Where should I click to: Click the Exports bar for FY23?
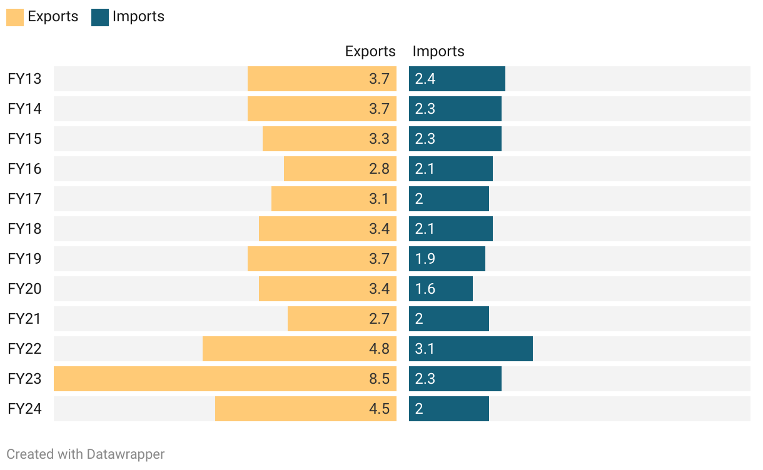(225, 379)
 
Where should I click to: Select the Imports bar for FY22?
(471, 349)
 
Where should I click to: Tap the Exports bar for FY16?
(340, 169)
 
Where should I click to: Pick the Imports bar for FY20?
(441, 289)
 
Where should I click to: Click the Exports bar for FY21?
(342, 319)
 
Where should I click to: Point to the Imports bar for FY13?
(457, 79)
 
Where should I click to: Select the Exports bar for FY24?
(306, 409)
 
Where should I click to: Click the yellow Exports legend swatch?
(15, 17)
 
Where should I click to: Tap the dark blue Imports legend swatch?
(100, 17)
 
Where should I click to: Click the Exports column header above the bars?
(370, 51)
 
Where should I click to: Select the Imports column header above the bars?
(438, 51)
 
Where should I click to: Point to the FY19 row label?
(24, 259)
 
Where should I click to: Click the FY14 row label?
(24, 109)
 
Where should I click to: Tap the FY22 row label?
(24, 349)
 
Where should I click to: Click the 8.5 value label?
(379, 379)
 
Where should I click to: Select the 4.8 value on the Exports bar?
(379, 349)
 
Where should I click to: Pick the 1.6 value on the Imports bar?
(425, 289)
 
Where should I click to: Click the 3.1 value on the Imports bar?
(425, 349)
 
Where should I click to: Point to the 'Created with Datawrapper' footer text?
(86, 454)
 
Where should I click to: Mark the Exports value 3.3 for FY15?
(379, 139)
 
